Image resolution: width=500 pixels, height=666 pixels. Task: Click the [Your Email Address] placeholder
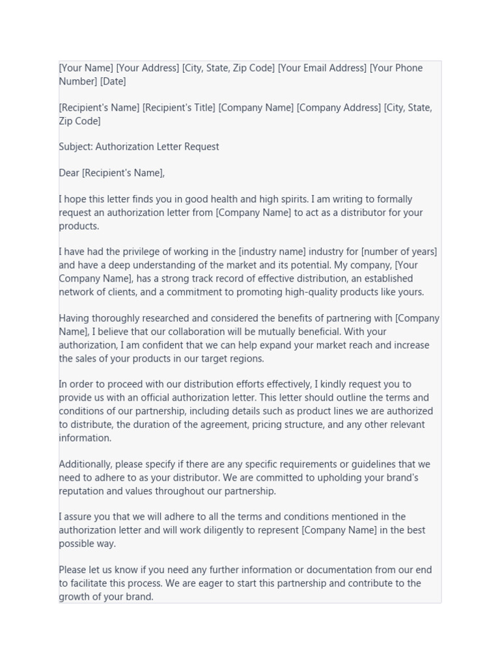[x=322, y=68]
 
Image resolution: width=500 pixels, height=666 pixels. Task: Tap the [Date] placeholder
[x=113, y=81]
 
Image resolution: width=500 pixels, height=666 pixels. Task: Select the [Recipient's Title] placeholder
[x=178, y=108]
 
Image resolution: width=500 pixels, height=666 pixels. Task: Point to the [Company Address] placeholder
[x=339, y=108]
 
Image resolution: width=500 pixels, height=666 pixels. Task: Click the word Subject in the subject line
[x=76, y=147]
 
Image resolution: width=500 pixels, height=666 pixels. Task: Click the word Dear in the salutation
[x=69, y=173]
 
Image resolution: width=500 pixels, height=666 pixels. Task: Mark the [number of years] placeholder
[x=398, y=252]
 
